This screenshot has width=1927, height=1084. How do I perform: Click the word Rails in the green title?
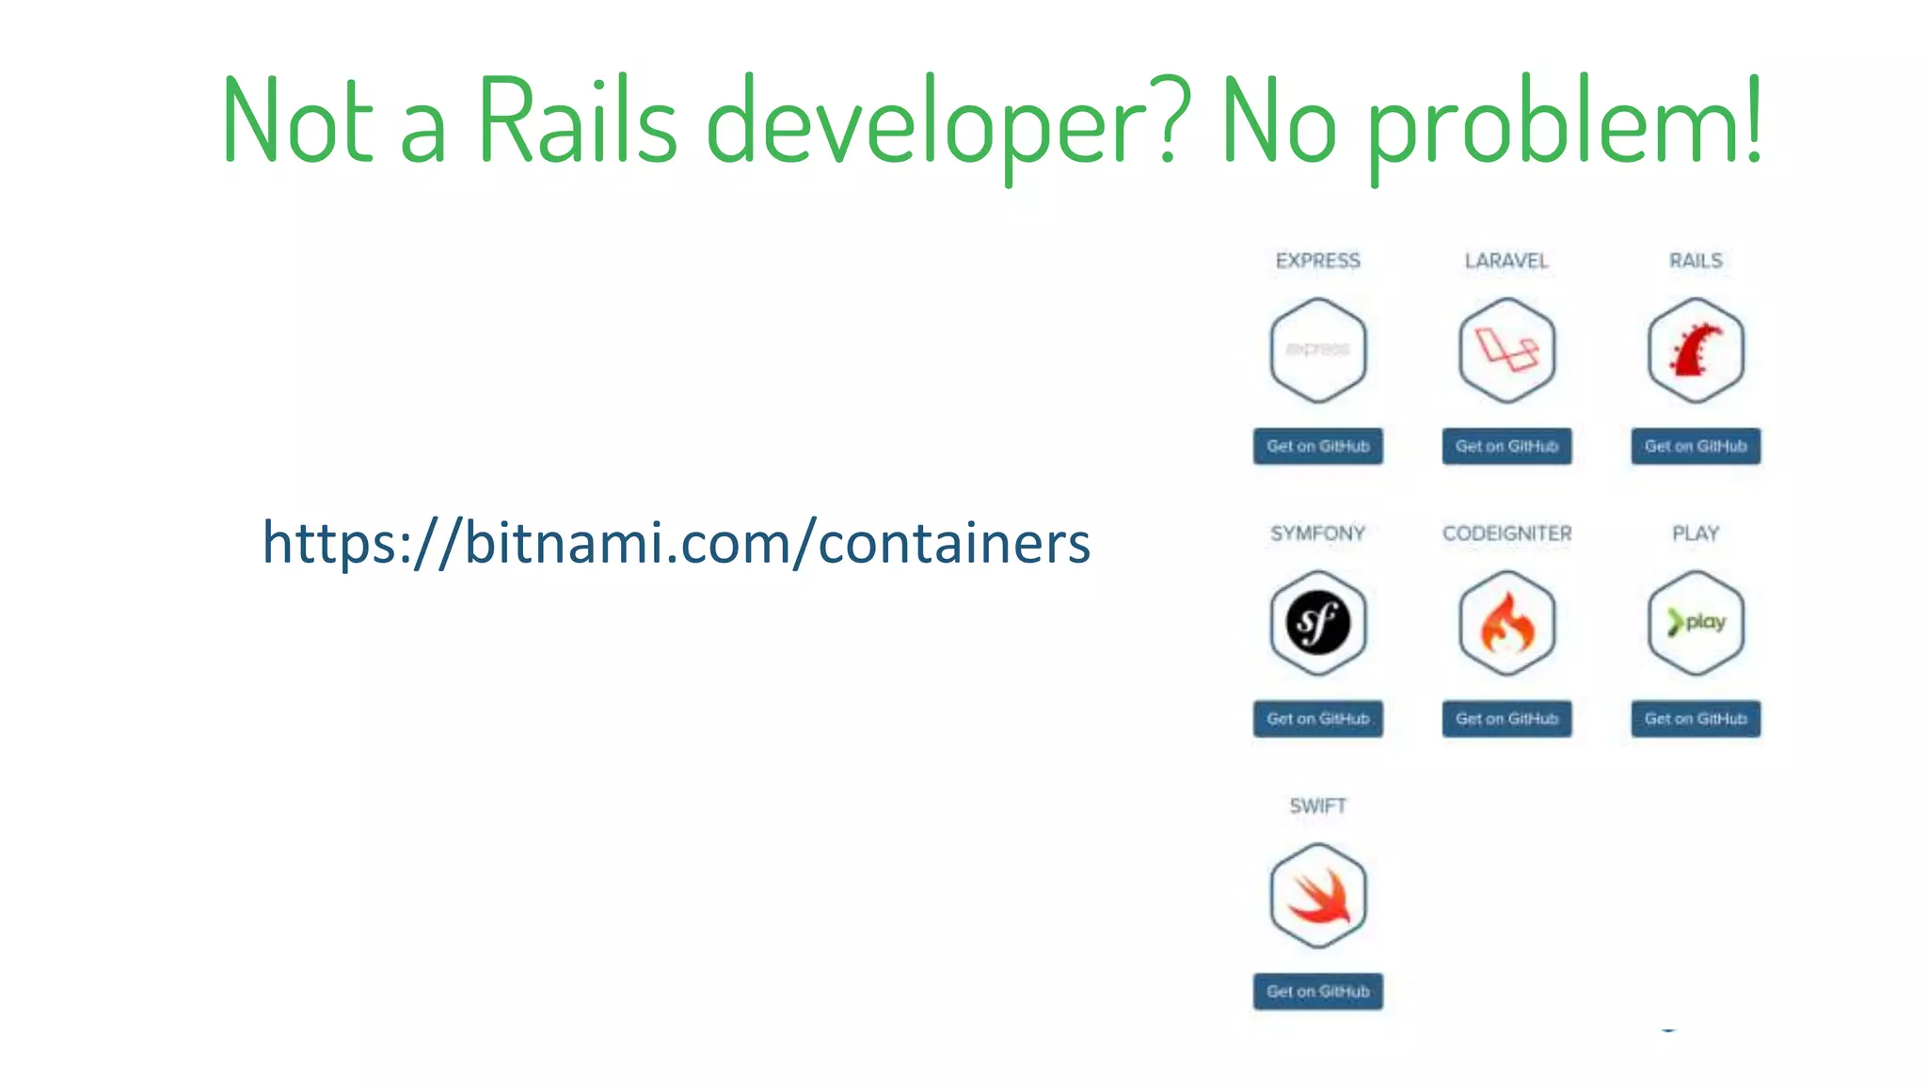coord(577,121)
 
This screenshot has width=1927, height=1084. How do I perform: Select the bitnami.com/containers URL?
coord(676,543)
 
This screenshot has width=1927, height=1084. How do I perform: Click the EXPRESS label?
coord(1317,261)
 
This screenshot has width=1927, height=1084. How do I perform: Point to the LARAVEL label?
coord(1505,261)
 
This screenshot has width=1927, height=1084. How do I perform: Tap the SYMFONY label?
coord(1317,534)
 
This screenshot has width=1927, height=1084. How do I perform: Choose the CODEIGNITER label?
coord(1506,534)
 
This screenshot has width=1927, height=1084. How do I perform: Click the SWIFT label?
coord(1317,806)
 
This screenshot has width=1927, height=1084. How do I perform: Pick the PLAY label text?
coord(1696,534)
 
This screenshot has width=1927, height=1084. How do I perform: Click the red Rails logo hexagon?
coord(1696,350)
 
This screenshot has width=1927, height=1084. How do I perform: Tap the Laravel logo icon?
coord(1506,350)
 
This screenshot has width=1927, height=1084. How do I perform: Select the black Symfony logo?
coord(1317,623)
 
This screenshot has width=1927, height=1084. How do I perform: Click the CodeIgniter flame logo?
coord(1506,623)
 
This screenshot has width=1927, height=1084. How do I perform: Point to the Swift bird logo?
coord(1317,896)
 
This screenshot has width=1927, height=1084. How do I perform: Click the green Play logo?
coord(1696,623)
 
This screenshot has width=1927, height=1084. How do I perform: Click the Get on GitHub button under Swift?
coord(1317,992)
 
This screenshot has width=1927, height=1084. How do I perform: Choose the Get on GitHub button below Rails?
coord(1696,446)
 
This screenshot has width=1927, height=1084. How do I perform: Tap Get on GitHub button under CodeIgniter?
coord(1506,719)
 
